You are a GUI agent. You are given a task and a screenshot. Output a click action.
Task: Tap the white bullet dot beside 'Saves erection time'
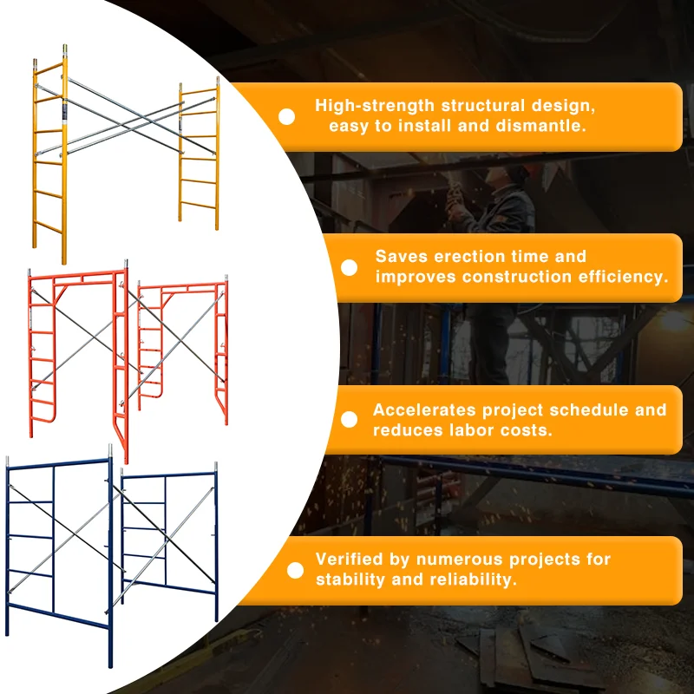[349, 267]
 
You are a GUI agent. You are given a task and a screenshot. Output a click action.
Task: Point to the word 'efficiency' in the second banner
[624, 278]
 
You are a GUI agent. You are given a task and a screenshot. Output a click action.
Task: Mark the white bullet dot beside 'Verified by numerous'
[295, 570]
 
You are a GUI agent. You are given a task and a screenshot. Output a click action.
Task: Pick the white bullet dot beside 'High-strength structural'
[285, 116]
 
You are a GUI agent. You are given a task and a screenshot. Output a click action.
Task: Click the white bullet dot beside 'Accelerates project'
[349, 420]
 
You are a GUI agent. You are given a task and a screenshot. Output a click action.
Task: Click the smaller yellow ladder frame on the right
[199, 156]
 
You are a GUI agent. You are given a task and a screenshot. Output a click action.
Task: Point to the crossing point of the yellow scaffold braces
[123, 118]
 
